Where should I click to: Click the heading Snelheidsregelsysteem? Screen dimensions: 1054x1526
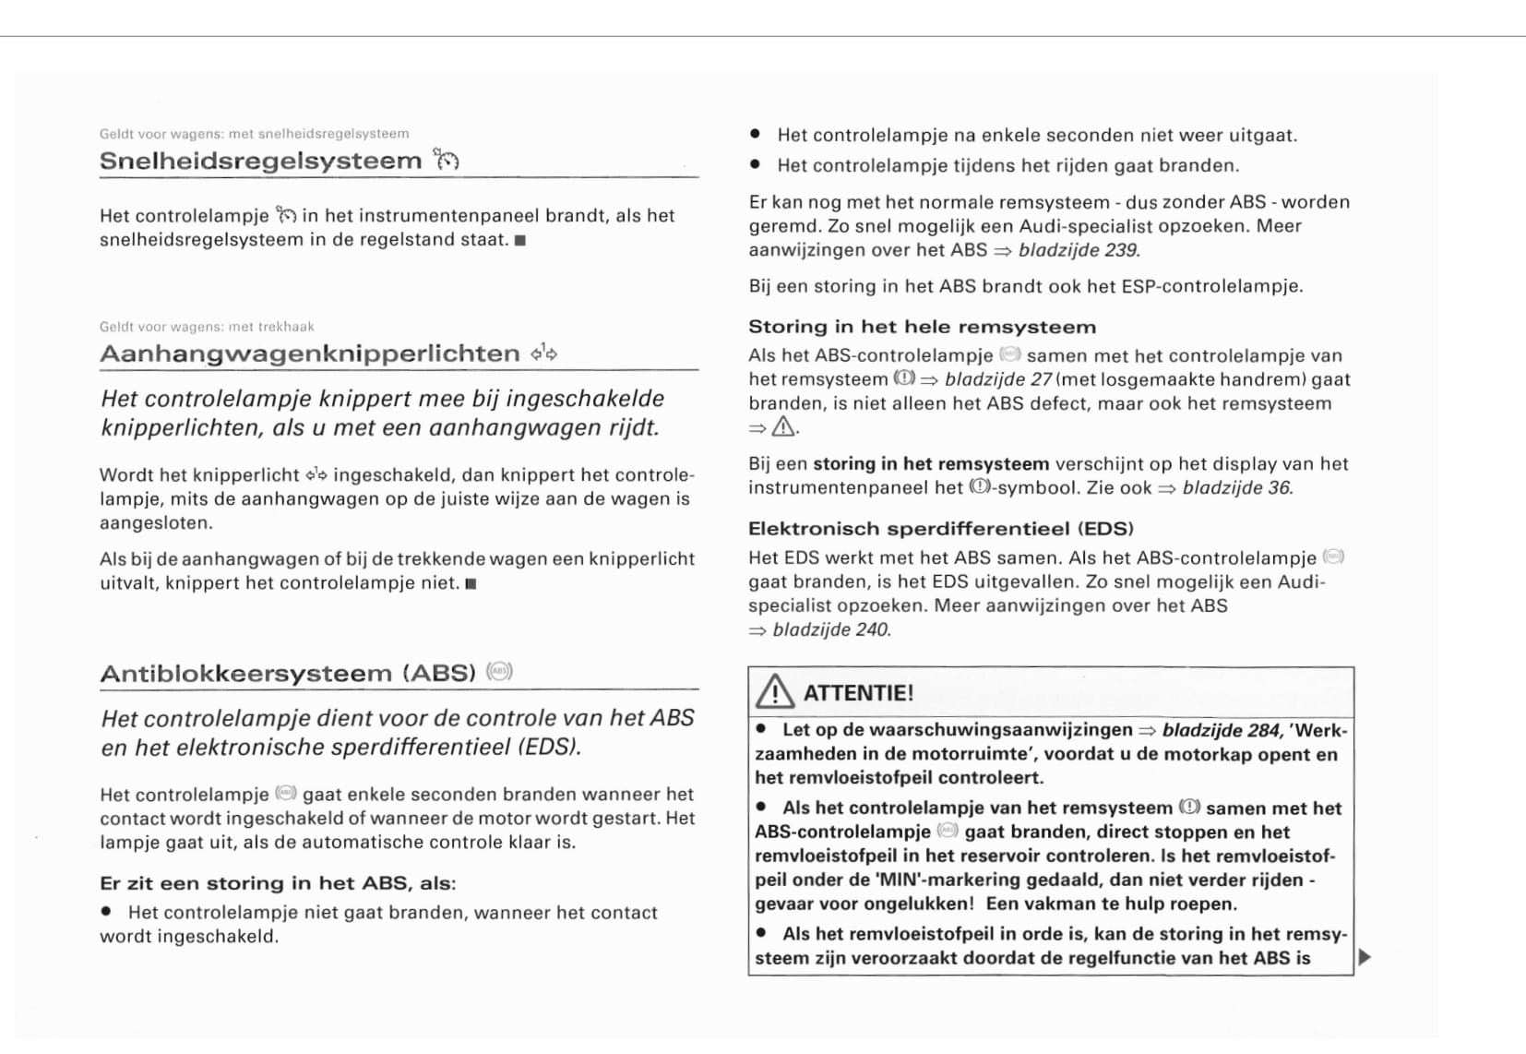(x=260, y=161)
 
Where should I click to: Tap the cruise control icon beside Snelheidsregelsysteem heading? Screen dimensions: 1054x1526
(x=447, y=160)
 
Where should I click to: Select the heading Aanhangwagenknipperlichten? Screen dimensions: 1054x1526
(x=310, y=353)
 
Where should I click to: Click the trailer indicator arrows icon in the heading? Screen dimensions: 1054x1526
(x=544, y=353)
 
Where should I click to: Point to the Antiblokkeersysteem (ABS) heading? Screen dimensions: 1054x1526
(x=287, y=673)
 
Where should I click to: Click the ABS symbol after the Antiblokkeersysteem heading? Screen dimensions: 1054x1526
(x=499, y=671)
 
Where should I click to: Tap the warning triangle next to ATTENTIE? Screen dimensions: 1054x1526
(x=775, y=692)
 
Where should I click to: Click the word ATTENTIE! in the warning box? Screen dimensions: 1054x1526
(x=858, y=693)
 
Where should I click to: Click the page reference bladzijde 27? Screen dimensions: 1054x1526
(x=998, y=379)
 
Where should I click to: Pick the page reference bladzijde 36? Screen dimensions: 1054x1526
(x=1236, y=487)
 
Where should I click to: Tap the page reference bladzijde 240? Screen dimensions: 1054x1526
(x=831, y=629)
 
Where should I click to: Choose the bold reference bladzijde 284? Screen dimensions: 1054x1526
(x=1221, y=730)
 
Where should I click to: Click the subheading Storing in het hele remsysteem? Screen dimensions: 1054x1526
(x=922, y=327)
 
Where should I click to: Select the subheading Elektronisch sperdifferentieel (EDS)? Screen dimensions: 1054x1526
(x=940, y=529)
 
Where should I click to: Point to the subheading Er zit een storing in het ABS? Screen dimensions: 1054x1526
(x=277, y=883)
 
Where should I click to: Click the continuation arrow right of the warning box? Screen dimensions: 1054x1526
(x=1365, y=957)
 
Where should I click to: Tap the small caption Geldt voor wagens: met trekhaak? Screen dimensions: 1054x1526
(x=207, y=327)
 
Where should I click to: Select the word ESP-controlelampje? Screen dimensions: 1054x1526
(x=1210, y=286)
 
